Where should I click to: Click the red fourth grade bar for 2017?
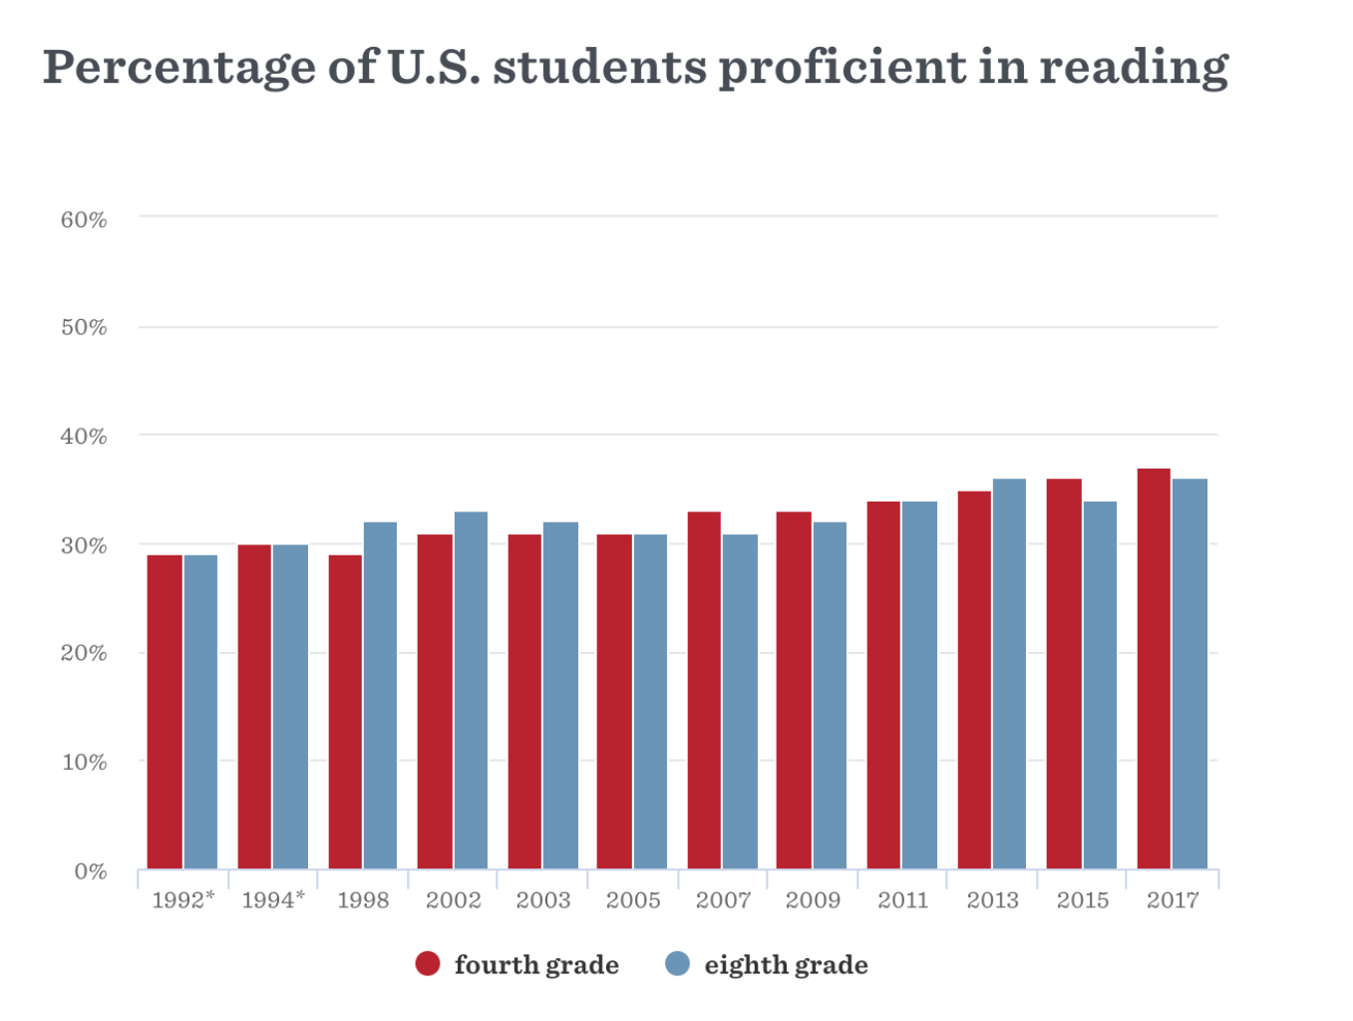(1154, 669)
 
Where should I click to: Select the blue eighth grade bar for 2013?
(1009, 674)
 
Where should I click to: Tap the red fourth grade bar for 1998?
(345, 712)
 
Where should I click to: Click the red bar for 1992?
(165, 712)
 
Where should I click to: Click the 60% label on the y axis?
(84, 220)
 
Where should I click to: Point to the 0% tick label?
(91, 871)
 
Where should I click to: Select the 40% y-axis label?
(84, 437)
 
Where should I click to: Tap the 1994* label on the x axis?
(273, 900)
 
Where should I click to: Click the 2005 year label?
(633, 900)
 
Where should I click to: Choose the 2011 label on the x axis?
(902, 900)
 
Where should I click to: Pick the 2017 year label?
(1173, 900)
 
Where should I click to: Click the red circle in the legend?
(428, 964)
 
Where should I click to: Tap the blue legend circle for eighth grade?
(677, 964)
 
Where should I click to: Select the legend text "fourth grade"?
(536, 965)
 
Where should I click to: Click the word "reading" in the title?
(1134, 68)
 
